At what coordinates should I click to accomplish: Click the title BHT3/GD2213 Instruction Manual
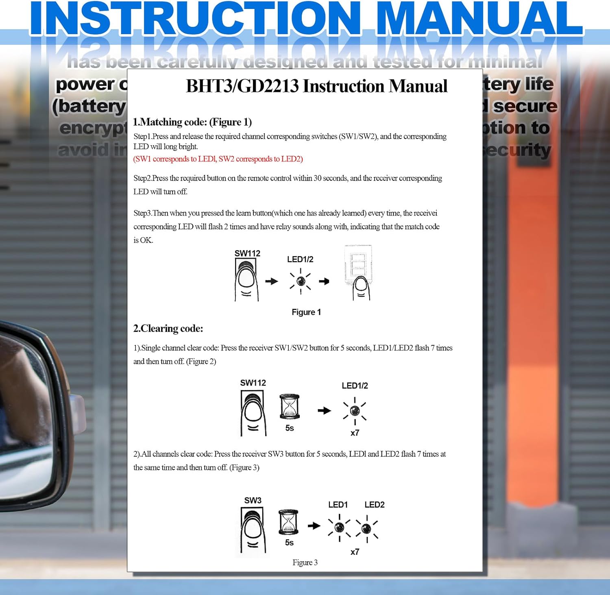pyautogui.click(x=316, y=86)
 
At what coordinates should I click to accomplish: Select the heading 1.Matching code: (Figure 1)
pyautogui.click(x=192, y=122)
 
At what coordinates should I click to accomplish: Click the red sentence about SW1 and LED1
pyautogui.click(x=218, y=159)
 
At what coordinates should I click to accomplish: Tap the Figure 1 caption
pyautogui.click(x=306, y=312)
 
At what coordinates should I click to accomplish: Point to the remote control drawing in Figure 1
pyautogui.click(x=358, y=272)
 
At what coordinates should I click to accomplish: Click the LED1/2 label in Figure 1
pyautogui.click(x=300, y=259)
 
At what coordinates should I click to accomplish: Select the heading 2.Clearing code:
pyautogui.click(x=168, y=329)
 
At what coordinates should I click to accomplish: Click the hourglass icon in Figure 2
pyautogui.click(x=290, y=406)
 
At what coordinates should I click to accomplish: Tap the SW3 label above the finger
pyautogui.click(x=253, y=500)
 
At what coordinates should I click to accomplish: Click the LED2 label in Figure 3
pyautogui.click(x=374, y=505)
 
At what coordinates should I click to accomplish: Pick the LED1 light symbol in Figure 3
pyautogui.click(x=339, y=527)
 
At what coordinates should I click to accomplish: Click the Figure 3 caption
pyautogui.click(x=305, y=562)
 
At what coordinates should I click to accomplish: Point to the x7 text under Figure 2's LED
pyautogui.click(x=355, y=433)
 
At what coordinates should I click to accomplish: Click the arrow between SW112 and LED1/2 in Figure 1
pyautogui.click(x=271, y=281)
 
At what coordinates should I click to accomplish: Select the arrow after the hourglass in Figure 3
pyautogui.click(x=314, y=526)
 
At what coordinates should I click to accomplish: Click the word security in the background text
pyautogui.click(x=516, y=150)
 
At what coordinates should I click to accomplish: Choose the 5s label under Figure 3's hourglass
pyautogui.click(x=289, y=543)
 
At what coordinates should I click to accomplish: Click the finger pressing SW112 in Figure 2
pyautogui.click(x=253, y=415)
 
